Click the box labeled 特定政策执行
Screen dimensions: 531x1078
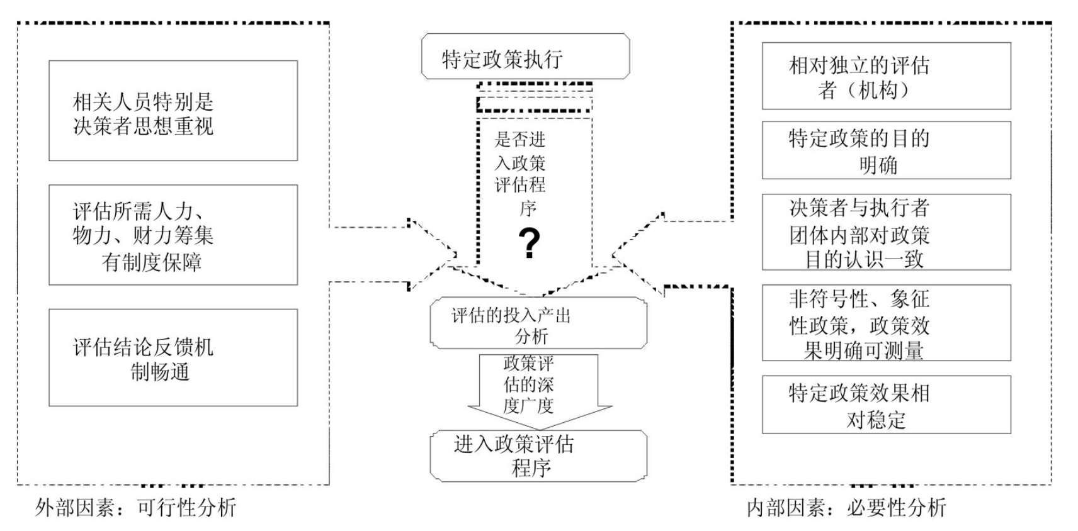525,57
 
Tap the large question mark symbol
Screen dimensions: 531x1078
529,244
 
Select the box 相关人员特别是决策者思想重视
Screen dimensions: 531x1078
173,111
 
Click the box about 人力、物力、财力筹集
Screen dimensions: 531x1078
173,235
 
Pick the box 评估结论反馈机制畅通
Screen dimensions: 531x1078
173,357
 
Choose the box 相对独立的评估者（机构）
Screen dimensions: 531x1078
886,76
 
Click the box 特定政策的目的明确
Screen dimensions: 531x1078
886,150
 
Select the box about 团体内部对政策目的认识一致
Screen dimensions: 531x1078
886,232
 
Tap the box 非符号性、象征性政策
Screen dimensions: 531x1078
886,323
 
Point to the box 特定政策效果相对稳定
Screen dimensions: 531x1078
886,405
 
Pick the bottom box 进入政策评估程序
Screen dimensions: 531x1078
538,456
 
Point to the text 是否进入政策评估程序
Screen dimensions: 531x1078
520,173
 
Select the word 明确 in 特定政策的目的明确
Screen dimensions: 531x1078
878,165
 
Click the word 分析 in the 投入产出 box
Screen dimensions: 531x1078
531,336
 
